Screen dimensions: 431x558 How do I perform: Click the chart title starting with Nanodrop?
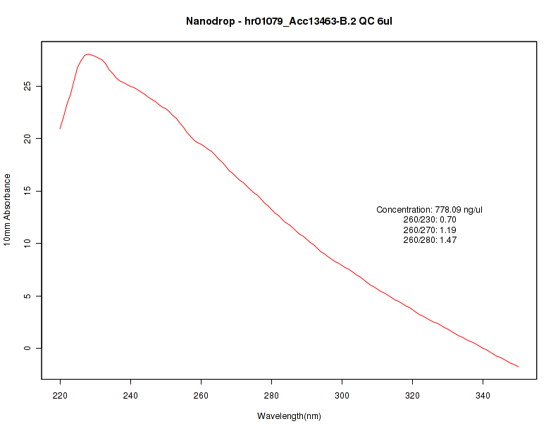[289, 21]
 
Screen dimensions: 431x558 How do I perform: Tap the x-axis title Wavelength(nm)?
[289, 416]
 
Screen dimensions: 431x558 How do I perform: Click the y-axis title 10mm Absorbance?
[7, 209]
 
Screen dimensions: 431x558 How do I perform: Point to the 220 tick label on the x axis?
[60, 396]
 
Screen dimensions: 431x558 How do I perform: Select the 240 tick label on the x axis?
[130, 396]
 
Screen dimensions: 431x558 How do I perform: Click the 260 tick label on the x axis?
[201, 396]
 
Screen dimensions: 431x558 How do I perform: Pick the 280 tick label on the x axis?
[271, 396]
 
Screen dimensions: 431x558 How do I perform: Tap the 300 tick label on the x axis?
[342, 396]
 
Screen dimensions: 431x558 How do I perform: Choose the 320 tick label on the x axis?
[412, 396]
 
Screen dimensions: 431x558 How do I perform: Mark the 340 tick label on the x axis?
[483, 396]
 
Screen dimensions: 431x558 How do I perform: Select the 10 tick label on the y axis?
[27, 243]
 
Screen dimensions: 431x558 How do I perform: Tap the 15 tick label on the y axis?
[27, 191]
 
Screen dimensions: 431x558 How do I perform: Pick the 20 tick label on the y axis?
[27, 139]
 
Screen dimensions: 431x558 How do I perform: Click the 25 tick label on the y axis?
[27, 86]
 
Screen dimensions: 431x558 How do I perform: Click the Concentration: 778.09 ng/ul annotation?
[430, 210]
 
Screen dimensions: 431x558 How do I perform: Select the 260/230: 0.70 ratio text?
[430, 220]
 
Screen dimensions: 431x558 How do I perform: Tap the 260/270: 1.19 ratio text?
[430, 230]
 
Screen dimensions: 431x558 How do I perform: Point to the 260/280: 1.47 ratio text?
[430, 240]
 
